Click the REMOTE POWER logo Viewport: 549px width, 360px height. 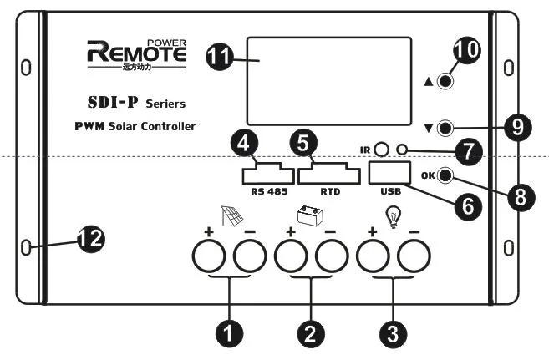(136, 54)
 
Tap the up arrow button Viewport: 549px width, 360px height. (445, 81)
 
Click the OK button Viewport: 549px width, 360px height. (445, 175)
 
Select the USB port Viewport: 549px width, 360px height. (389, 172)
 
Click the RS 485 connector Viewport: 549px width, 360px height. (268, 173)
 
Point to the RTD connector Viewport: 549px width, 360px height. (328, 174)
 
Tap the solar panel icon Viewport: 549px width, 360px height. (231, 215)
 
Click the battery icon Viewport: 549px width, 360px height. (310, 215)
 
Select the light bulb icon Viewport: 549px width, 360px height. (394, 217)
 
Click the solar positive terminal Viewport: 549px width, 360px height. (209, 256)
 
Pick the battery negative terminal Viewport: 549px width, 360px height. (332, 256)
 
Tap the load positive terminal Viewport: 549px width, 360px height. (373, 256)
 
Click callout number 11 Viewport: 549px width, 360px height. (220, 56)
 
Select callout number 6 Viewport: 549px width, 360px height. (468, 206)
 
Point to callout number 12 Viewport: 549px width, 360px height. (91, 239)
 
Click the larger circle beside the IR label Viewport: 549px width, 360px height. (381, 150)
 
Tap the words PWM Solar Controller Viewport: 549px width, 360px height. (135, 126)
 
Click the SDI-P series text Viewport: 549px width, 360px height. (136, 103)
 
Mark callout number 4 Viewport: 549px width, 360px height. (244, 144)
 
